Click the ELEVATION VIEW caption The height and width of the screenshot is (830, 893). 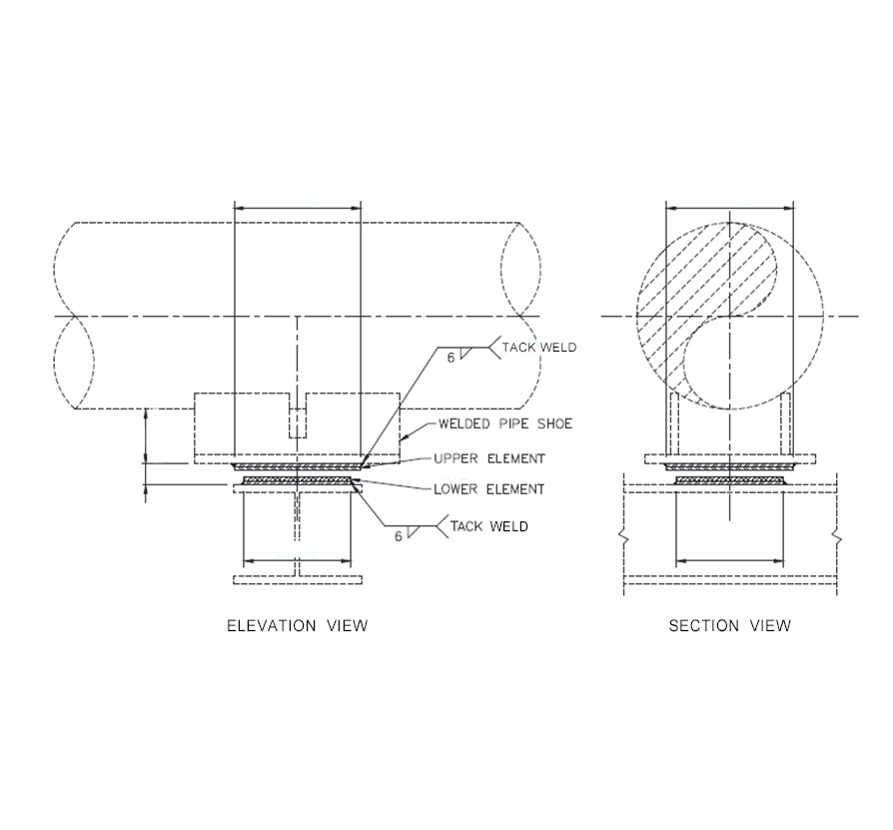(297, 626)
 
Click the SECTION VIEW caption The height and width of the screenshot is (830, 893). (729, 626)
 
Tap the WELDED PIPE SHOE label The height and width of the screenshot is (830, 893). (505, 424)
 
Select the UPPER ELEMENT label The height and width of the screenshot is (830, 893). (489, 458)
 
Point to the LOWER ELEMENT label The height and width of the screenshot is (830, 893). (488, 489)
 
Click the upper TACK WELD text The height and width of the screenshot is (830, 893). (539, 347)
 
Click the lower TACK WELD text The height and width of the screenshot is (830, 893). (489, 525)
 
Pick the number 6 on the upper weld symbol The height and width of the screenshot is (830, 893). (450, 357)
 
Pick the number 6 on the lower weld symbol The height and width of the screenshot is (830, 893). (399, 536)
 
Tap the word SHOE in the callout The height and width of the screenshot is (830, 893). (553, 424)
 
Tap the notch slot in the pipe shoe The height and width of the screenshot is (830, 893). (298, 418)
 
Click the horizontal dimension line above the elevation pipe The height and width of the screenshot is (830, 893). (297, 209)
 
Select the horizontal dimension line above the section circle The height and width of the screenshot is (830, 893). (729, 209)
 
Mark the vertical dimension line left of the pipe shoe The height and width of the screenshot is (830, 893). (147, 435)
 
